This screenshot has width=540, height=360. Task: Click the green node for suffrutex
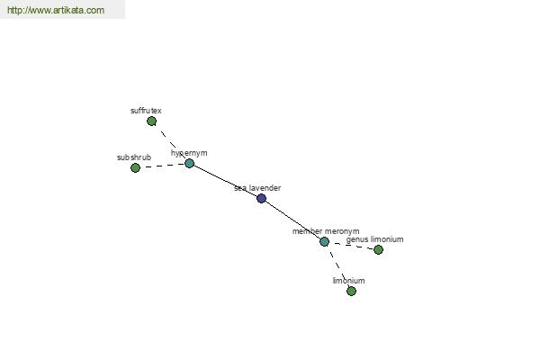point(151,121)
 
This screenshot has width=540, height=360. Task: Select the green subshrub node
point(135,167)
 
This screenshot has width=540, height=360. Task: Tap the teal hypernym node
point(189,163)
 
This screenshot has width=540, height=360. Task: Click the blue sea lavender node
point(261,198)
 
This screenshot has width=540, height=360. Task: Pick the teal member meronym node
point(324,241)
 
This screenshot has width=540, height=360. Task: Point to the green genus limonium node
point(378,250)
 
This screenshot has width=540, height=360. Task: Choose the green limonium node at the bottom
point(351,291)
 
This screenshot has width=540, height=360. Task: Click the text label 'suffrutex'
point(146,111)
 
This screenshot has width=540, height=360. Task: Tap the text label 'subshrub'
point(134,157)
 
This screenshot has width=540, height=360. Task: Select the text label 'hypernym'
point(189,153)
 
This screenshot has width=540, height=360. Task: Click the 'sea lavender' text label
point(257,188)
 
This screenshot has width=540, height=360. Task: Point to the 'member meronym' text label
point(326,231)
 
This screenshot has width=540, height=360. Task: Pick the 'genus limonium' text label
point(374,239)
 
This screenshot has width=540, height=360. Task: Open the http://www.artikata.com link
point(56,10)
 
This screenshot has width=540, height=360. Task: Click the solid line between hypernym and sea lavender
point(226,181)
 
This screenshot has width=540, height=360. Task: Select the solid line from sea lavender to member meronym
point(292,220)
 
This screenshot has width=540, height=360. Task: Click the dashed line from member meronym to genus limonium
point(351,246)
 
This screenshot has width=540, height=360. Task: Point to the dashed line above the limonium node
point(337,266)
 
